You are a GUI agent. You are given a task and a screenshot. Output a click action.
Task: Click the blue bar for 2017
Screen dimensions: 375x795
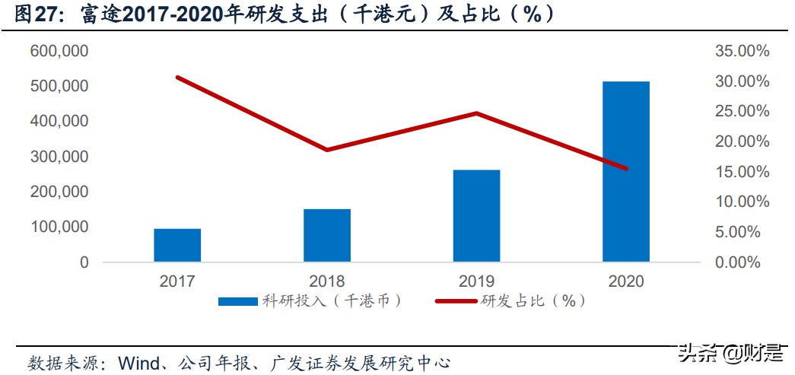click(177, 245)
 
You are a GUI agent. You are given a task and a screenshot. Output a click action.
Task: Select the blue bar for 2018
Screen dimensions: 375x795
click(327, 235)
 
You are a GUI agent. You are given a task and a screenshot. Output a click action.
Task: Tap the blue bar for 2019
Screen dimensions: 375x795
click(476, 215)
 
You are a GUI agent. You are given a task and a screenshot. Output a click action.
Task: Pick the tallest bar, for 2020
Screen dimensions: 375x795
click(626, 171)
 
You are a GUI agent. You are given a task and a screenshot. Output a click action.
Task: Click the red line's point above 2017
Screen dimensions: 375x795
click(177, 77)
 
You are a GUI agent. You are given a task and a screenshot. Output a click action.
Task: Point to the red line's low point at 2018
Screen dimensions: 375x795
click(327, 150)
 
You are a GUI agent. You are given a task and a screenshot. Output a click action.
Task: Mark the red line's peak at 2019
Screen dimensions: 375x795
click(476, 113)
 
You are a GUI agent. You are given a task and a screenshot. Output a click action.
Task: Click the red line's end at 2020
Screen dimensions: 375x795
click(626, 169)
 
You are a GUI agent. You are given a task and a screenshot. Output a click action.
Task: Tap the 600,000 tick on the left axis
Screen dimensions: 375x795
click(60, 51)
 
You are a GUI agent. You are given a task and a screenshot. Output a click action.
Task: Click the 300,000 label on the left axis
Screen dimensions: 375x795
click(60, 157)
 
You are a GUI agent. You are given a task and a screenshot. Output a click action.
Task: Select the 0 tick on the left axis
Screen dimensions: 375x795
click(84, 262)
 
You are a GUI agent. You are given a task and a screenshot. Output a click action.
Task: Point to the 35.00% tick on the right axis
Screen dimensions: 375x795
click(743, 51)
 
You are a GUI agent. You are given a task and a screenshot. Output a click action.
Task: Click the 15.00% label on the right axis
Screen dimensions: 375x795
click(743, 172)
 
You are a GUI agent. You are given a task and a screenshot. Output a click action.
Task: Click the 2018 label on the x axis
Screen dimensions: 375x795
click(327, 281)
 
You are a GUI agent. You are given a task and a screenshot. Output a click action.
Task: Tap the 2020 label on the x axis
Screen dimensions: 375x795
click(626, 281)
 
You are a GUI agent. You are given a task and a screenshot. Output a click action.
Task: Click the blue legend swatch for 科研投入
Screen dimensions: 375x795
click(237, 301)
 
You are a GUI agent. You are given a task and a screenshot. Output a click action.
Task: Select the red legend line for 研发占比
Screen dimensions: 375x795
click(456, 301)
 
